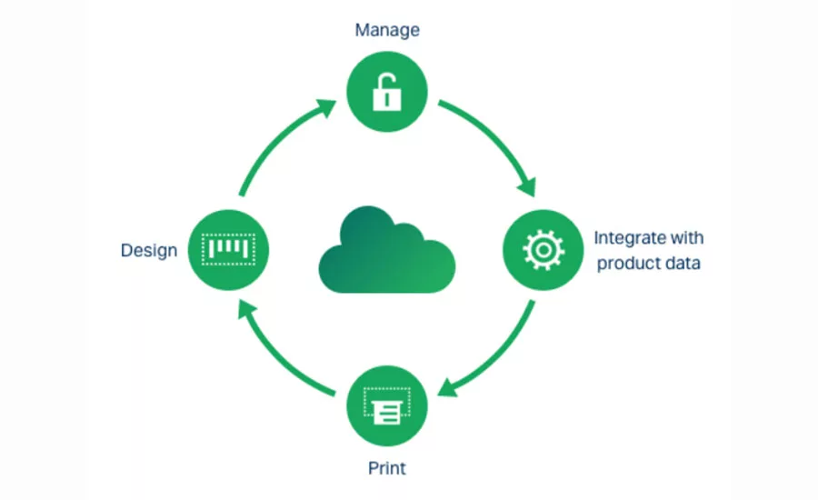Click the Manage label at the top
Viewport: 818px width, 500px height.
click(x=387, y=30)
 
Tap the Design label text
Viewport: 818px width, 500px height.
click(x=149, y=251)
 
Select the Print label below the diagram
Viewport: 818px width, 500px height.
click(x=386, y=468)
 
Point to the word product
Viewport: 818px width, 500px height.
click(x=626, y=264)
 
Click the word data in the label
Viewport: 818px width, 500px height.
click(x=681, y=263)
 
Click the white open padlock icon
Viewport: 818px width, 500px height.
click(x=387, y=92)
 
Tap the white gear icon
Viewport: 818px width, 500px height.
click(x=544, y=250)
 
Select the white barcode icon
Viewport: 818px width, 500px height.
click(x=228, y=249)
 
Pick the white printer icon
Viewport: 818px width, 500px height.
click(x=387, y=405)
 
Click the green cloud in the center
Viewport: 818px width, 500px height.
click(x=386, y=250)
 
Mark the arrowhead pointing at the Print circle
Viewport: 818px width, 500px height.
click(x=447, y=388)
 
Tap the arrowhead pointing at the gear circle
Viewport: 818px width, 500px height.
click(x=528, y=187)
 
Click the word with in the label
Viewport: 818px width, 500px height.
click(x=686, y=238)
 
